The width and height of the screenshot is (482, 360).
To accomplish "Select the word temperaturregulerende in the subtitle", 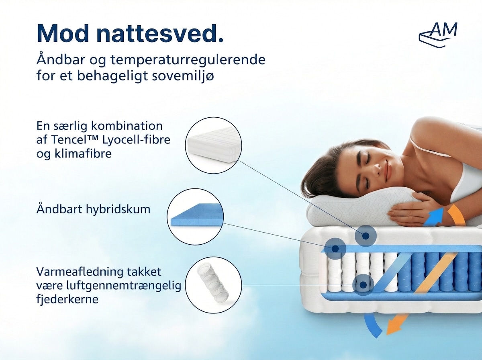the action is coord(188,59).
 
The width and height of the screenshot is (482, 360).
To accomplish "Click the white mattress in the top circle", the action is coord(213,145).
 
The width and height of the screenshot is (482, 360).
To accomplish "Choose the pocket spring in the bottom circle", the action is coord(212,283).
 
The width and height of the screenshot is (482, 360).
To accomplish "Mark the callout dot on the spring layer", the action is coord(363,284).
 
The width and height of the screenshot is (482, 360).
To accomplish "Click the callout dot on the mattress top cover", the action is coord(366,236).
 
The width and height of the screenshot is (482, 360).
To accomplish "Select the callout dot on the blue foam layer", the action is coord(335,249).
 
